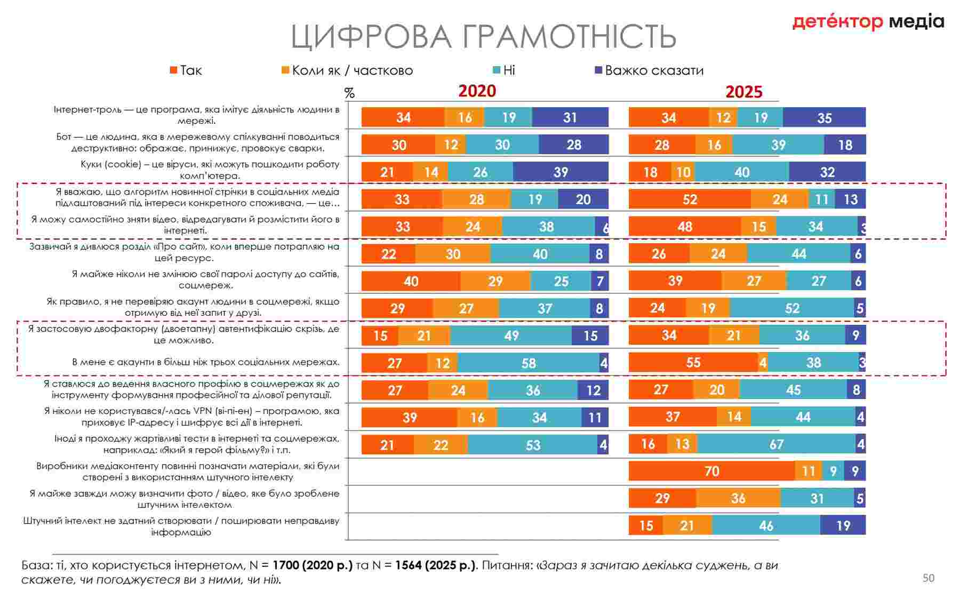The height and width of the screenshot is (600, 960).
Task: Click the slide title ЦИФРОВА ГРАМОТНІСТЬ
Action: coord(483,36)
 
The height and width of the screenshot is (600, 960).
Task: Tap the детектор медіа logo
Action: coord(868,22)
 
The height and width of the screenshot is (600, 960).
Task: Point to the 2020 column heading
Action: coord(477,91)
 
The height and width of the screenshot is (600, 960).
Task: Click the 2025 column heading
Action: coord(743,92)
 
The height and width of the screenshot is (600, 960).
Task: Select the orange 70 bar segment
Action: coord(711,471)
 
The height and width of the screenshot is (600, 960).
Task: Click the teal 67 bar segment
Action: coord(776,444)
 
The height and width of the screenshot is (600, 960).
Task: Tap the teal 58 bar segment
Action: coord(528,363)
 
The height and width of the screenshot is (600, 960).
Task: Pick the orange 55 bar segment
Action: coord(693,363)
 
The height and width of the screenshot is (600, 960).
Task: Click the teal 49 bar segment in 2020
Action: coord(511,335)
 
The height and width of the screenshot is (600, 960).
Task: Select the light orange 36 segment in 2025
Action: coord(738,498)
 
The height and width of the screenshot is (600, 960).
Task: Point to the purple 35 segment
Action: coord(824,117)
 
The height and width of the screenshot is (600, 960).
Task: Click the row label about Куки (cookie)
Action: coord(210,170)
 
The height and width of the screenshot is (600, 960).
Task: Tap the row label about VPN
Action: coord(191,417)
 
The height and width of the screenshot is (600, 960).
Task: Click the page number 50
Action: coord(928,578)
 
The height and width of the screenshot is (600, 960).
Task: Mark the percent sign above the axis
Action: coord(349,93)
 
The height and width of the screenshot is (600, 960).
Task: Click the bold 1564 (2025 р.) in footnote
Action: coord(435,565)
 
